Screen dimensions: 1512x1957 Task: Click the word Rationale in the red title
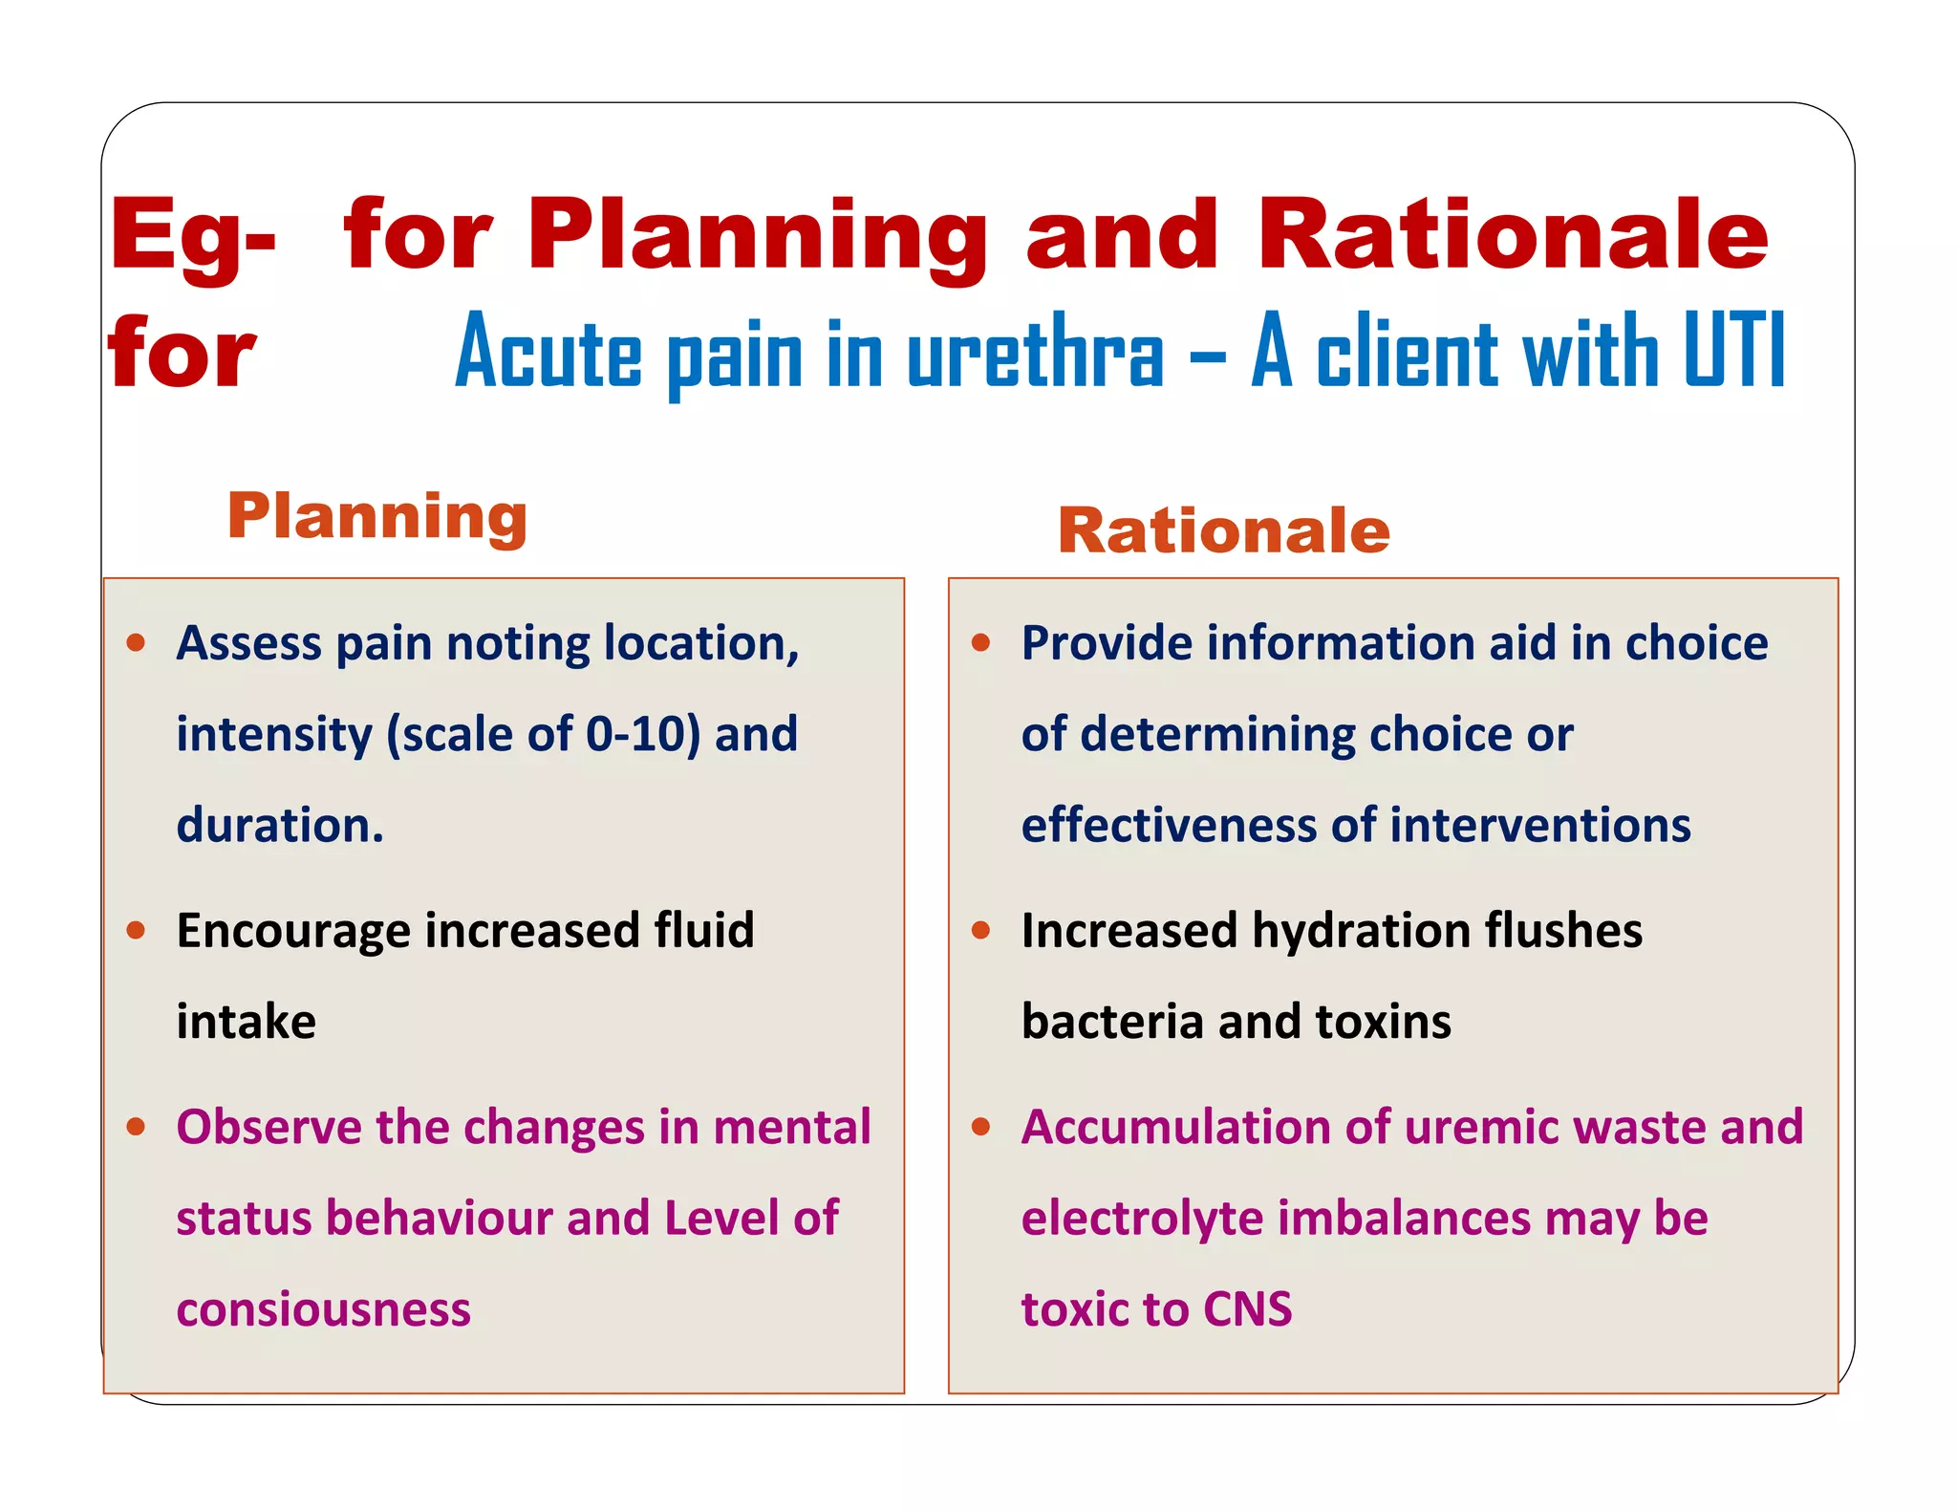(x=1512, y=235)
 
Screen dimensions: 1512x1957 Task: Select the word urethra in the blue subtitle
(x=1035, y=354)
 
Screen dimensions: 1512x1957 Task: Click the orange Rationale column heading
(x=1223, y=530)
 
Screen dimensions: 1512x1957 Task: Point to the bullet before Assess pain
(x=136, y=642)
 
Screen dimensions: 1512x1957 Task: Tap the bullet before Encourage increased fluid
(x=136, y=930)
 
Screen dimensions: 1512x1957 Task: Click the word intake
(x=246, y=1021)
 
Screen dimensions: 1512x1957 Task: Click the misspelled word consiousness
(x=323, y=1309)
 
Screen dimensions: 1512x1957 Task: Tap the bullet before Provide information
(x=980, y=642)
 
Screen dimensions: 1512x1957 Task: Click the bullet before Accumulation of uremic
(x=980, y=1127)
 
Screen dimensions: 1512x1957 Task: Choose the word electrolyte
(x=1142, y=1219)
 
